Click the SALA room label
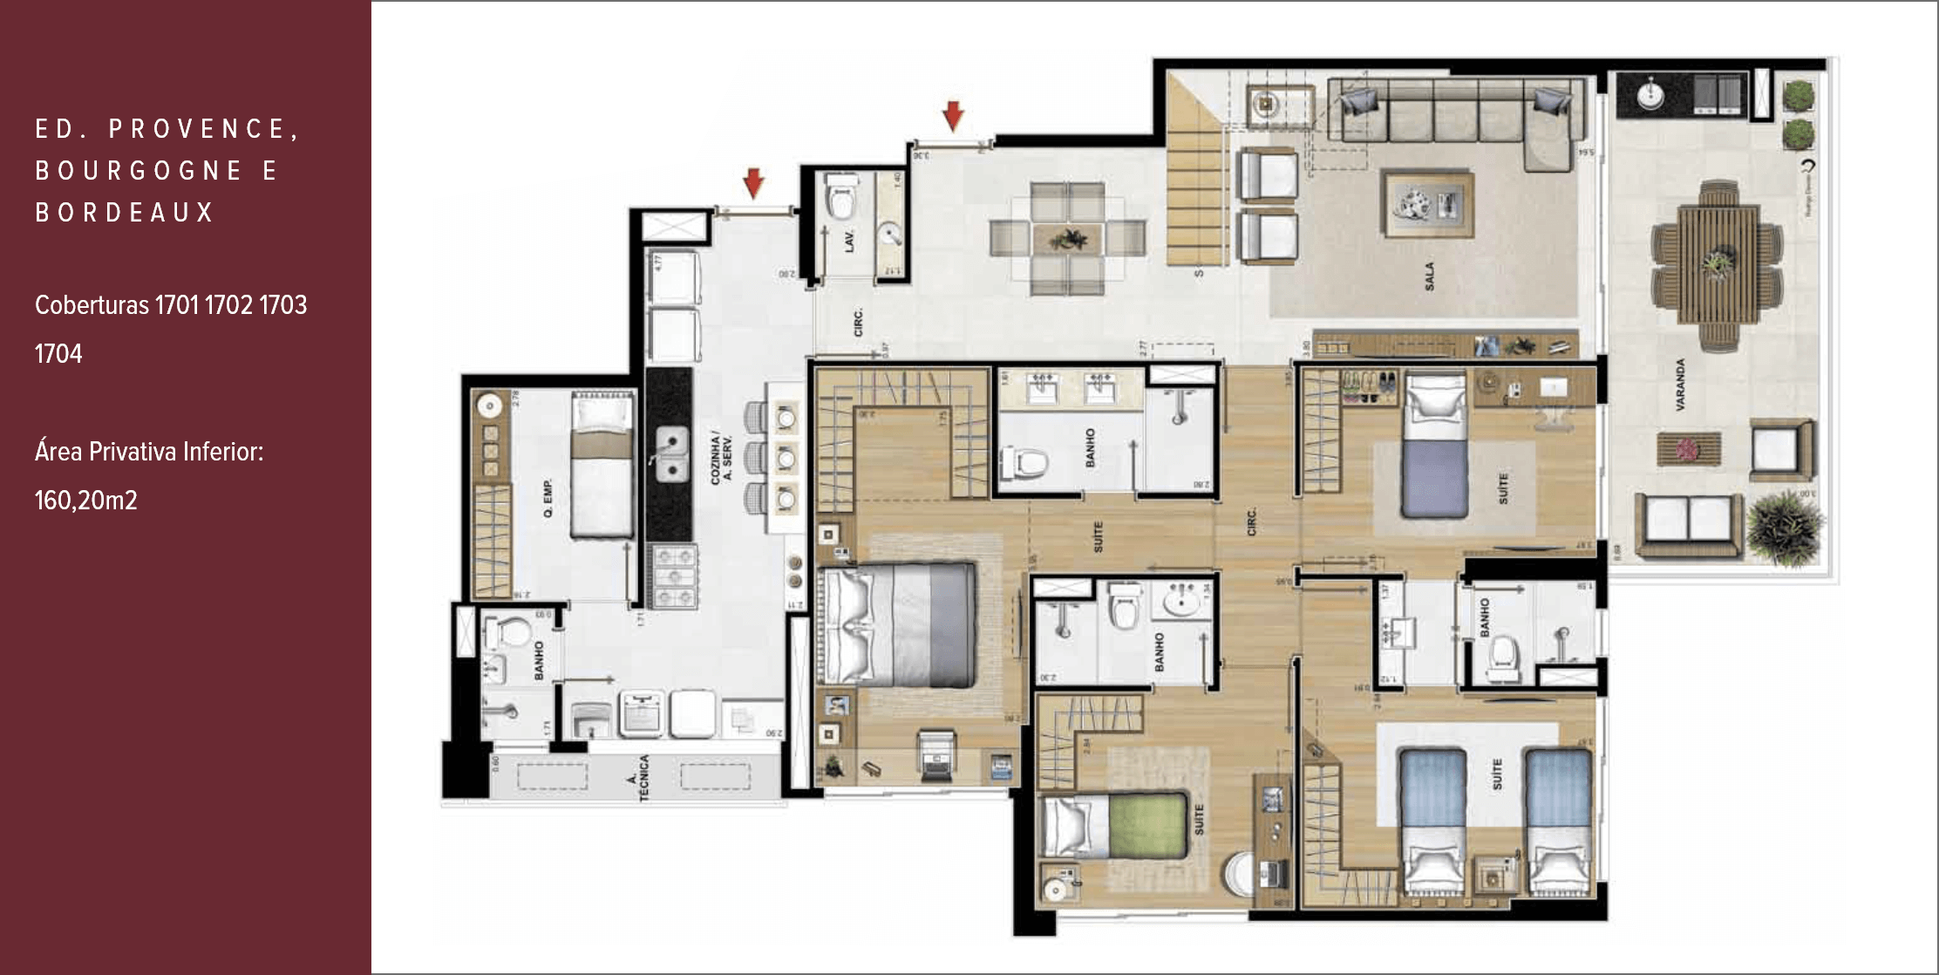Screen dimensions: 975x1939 click(x=1429, y=276)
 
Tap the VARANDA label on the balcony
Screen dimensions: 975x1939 click(x=1679, y=384)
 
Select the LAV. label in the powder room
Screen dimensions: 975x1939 click(x=849, y=242)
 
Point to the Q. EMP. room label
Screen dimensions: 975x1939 click(x=548, y=498)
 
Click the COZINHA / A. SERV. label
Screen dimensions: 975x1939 click(x=721, y=456)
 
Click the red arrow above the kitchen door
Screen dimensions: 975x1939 click(x=753, y=183)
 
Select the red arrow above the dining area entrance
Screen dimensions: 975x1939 click(x=953, y=115)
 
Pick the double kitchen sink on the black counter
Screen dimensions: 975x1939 click(x=670, y=453)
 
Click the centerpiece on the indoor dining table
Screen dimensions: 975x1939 click(x=1067, y=238)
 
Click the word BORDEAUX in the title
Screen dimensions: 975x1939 click(x=125, y=212)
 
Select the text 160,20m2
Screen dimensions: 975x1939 click(x=86, y=501)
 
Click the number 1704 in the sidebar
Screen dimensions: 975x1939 click(x=58, y=354)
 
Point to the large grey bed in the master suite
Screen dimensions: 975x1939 click(x=898, y=624)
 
